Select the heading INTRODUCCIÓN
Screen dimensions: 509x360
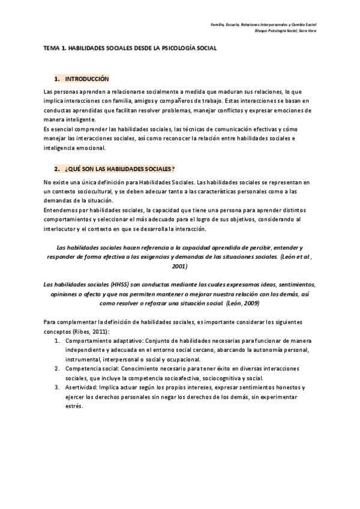click(87, 79)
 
